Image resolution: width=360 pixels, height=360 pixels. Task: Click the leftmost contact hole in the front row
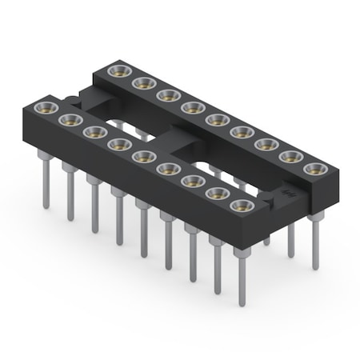(x=45, y=106)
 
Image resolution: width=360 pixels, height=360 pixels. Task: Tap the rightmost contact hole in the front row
(x=239, y=206)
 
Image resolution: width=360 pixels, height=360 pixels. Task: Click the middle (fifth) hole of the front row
(x=142, y=156)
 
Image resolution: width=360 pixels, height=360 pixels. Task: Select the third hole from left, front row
(x=93, y=131)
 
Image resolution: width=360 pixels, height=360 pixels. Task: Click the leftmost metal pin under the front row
(x=46, y=184)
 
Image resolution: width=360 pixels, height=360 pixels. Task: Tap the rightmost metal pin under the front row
(x=240, y=280)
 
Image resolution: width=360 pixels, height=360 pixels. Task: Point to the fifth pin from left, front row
(x=143, y=232)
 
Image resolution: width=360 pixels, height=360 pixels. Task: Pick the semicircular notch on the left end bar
(x=73, y=100)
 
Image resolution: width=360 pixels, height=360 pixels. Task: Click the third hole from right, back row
(x=265, y=144)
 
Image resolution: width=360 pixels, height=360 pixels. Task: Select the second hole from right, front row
(x=215, y=194)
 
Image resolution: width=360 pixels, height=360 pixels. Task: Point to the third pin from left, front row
(x=94, y=208)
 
